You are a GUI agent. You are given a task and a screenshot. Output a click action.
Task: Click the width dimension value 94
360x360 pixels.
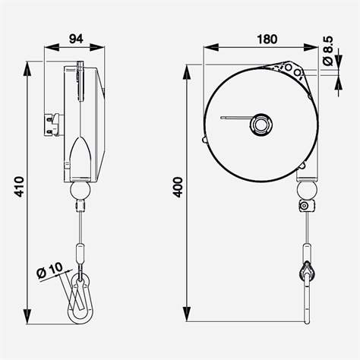(x=75, y=36)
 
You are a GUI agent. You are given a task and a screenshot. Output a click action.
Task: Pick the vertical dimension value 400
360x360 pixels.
(x=178, y=188)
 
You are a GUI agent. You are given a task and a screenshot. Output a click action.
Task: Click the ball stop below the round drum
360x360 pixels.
(x=305, y=188)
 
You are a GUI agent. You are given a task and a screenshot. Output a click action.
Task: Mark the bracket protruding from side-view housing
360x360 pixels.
(x=52, y=122)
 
